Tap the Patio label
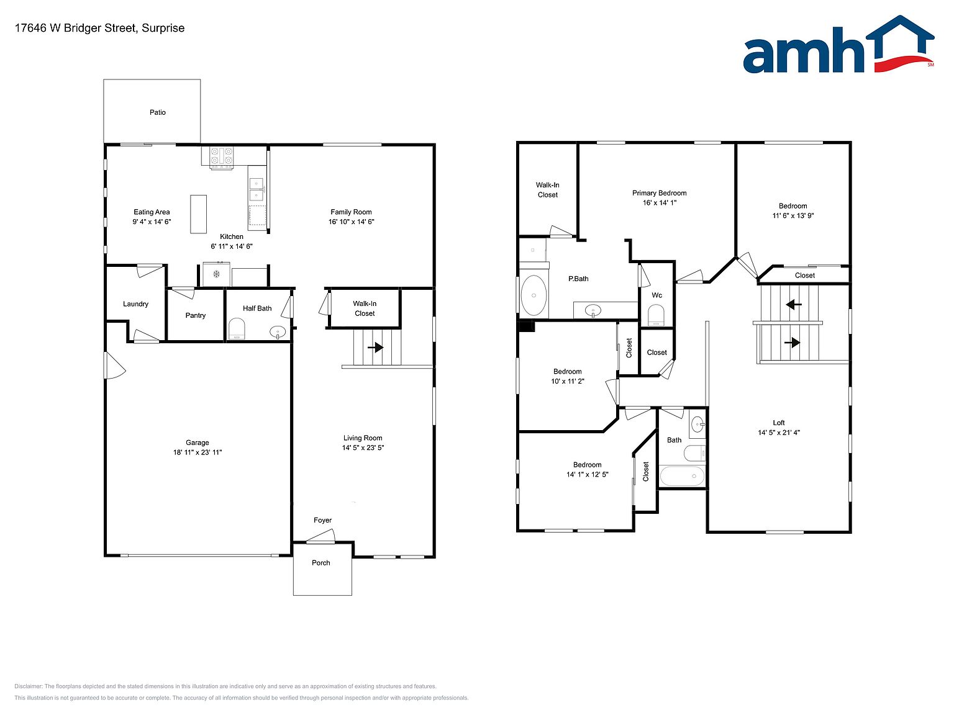point(157,112)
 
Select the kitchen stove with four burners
point(221,157)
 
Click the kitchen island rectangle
point(198,214)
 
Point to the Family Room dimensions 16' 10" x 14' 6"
point(351,222)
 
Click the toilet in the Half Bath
point(237,328)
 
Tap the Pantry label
point(196,316)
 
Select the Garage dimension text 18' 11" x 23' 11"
point(198,452)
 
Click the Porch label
point(320,563)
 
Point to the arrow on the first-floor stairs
point(375,348)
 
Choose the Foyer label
point(322,520)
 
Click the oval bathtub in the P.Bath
point(534,295)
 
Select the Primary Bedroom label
point(660,193)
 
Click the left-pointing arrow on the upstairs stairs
point(794,305)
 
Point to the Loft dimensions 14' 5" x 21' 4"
point(779,433)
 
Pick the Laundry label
point(135,304)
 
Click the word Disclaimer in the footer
point(28,686)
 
